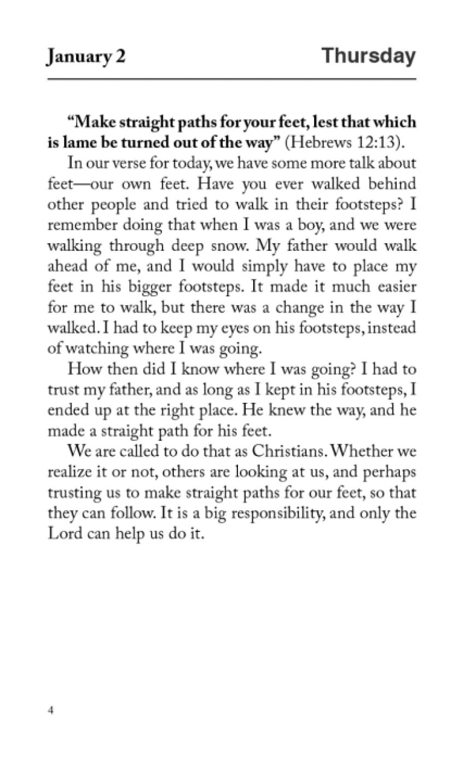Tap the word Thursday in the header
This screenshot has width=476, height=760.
pos(368,56)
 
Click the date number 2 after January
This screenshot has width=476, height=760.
pos(120,57)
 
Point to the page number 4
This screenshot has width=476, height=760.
pos(50,711)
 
